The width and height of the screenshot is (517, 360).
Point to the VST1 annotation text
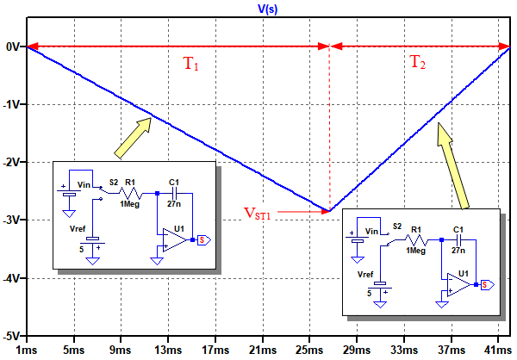click(257, 212)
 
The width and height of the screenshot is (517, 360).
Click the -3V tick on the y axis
click(12, 220)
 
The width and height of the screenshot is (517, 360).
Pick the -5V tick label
click(12, 335)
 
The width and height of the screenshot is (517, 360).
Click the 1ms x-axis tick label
click(26, 351)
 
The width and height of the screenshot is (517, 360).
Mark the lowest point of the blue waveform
click(328, 211)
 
